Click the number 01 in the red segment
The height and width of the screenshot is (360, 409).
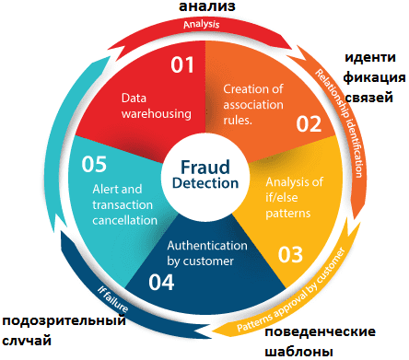tap(181, 64)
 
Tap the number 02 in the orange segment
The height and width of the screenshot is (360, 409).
tap(308, 123)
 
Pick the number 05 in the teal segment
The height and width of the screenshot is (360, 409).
tap(95, 164)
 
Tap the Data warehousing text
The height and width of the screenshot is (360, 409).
tap(156, 106)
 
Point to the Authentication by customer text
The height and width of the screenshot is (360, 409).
tap(206, 254)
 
